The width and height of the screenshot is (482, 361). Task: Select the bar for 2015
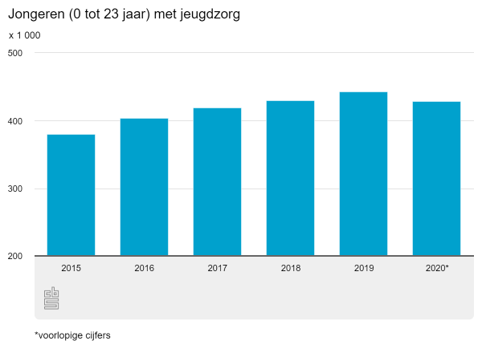(x=71, y=195)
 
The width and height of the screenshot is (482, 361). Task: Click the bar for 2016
(x=144, y=187)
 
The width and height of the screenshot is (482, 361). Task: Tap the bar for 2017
(x=217, y=182)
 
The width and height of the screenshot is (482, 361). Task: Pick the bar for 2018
(x=290, y=178)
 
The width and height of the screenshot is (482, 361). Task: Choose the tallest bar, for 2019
(x=363, y=174)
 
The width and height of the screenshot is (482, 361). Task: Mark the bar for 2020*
(x=436, y=179)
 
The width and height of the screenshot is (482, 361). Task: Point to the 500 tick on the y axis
(x=15, y=53)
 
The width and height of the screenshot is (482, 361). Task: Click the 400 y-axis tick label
(x=15, y=121)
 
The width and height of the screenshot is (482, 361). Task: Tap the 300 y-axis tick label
(x=15, y=189)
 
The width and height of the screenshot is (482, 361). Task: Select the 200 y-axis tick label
(x=15, y=257)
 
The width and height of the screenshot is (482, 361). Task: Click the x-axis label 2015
(x=71, y=268)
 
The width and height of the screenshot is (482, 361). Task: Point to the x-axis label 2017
(x=217, y=268)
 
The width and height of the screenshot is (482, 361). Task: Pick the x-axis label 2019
(x=363, y=268)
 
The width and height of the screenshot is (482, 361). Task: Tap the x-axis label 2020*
(x=437, y=268)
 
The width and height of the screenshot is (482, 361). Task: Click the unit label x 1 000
(x=24, y=35)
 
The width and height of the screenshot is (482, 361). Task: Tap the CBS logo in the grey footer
(x=51, y=298)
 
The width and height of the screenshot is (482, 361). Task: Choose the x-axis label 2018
(x=290, y=268)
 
